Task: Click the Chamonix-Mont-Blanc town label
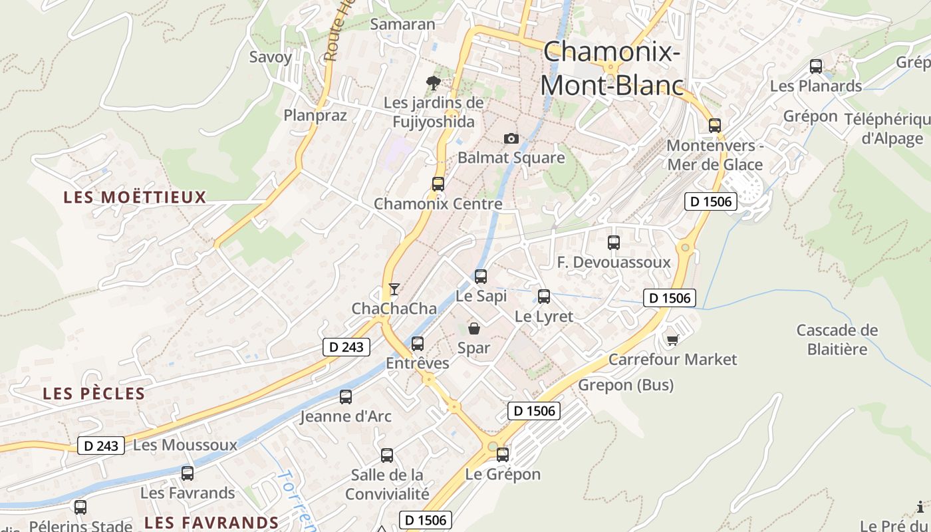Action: point(612,68)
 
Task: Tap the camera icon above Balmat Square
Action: point(511,138)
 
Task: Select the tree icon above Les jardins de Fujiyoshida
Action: point(434,83)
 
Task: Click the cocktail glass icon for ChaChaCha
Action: point(394,289)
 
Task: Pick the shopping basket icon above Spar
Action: point(474,328)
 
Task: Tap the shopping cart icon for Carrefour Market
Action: point(672,340)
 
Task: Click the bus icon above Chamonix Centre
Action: point(438,184)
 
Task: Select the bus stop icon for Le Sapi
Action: point(481,276)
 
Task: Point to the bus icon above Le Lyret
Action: point(544,297)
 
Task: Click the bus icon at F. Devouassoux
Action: point(614,243)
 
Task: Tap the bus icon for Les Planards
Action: point(816,66)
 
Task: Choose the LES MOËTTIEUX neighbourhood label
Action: point(134,198)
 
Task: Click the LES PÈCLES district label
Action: point(94,394)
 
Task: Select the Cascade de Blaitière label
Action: point(837,339)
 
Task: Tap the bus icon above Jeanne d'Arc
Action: point(346,397)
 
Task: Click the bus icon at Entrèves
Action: point(418,344)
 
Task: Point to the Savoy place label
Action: point(271,57)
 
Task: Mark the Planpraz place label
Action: point(315,115)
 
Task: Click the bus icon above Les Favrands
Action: point(188,473)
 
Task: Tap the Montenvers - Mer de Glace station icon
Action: point(715,126)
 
